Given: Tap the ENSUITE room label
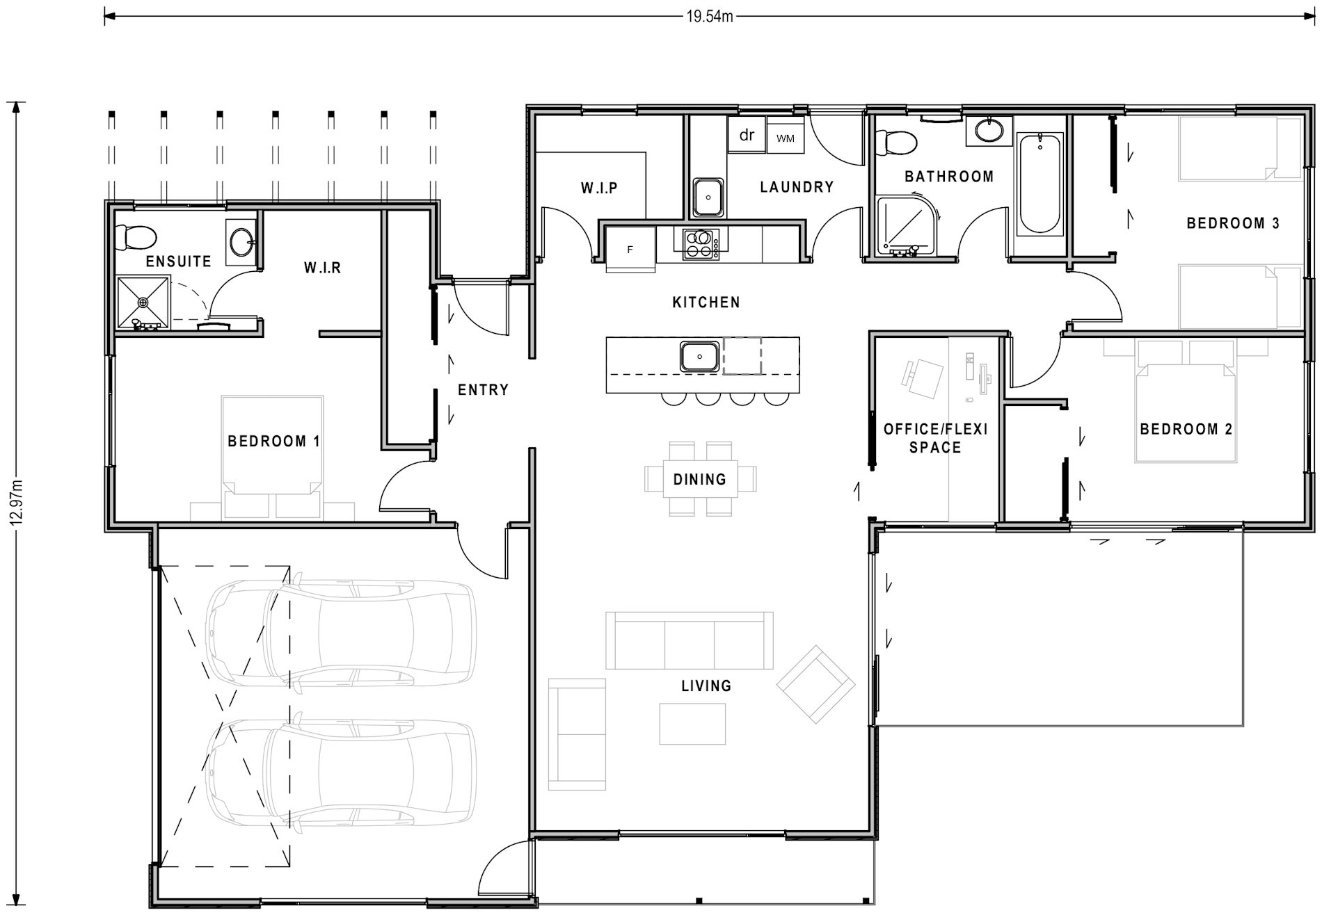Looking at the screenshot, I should tap(179, 261).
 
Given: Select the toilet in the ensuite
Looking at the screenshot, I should tap(136, 236).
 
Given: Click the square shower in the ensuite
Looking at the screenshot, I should tap(143, 302).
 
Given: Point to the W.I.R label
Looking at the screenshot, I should tap(322, 268).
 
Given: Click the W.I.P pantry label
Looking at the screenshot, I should tap(599, 188).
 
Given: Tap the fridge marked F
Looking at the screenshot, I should tap(630, 249).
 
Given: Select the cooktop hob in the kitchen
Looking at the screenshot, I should tap(701, 243).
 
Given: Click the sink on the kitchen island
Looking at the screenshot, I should tap(699, 357).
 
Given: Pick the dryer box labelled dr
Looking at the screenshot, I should tap(747, 135).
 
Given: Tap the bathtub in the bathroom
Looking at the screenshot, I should tap(1040, 184).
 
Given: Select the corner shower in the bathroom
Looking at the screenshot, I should tap(906, 224).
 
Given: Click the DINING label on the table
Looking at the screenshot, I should tap(700, 479).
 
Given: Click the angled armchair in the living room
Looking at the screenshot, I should tap(815, 683).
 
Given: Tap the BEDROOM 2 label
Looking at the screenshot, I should tap(1186, 429).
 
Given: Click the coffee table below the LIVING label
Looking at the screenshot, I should tap(692, 724).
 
